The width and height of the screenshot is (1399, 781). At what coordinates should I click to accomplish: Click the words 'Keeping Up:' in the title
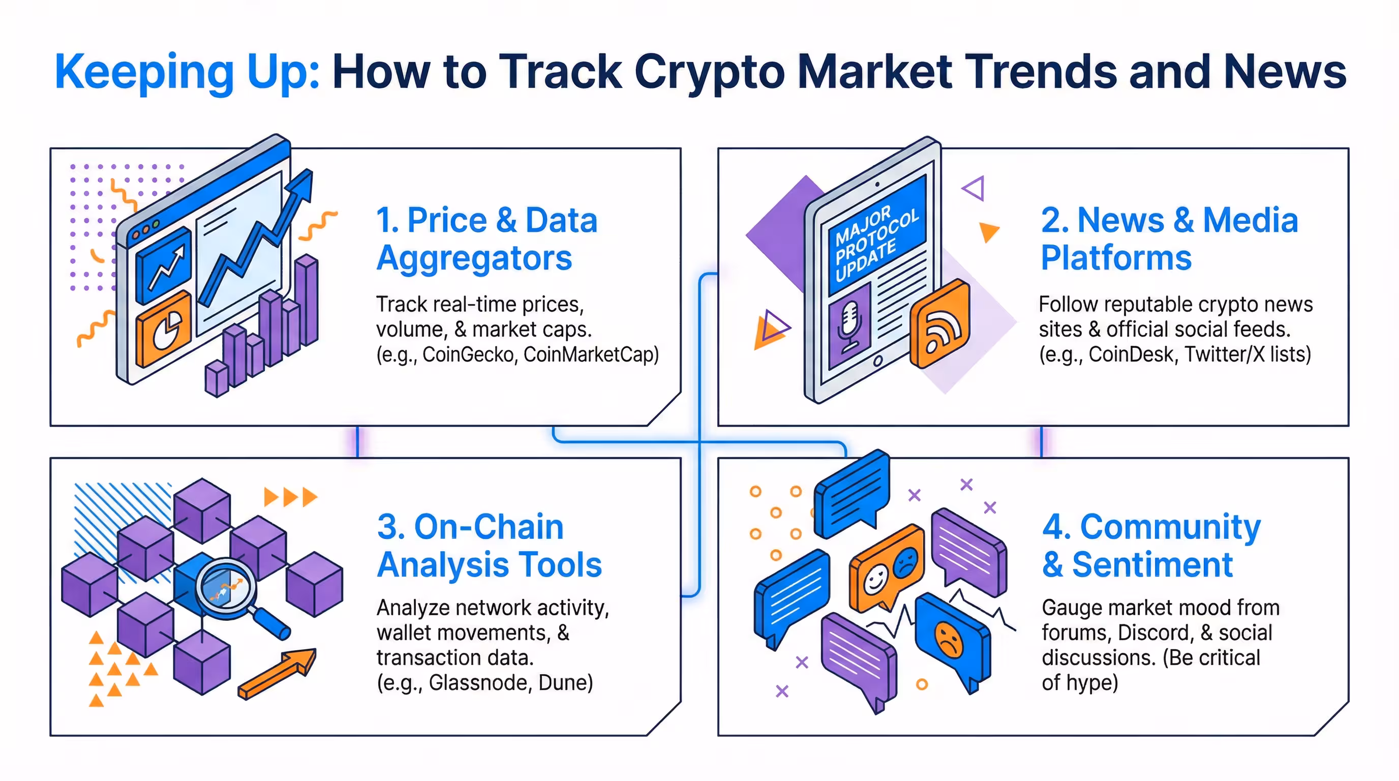tap(188, 72)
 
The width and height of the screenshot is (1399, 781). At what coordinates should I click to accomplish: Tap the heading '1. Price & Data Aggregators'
tap(486, 239)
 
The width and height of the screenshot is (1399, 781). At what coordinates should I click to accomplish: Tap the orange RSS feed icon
tap(939, 324)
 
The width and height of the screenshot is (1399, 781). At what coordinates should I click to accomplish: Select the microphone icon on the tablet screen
tap(849, 326)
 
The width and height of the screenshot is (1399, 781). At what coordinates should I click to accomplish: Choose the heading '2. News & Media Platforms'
tap(1168, 239)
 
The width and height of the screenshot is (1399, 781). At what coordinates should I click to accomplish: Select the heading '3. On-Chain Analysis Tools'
tap(489, 546)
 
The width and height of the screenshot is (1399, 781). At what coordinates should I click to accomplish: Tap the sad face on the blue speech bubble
tap(948, 639)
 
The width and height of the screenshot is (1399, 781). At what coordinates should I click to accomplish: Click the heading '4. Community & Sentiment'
tap(1151, 546)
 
